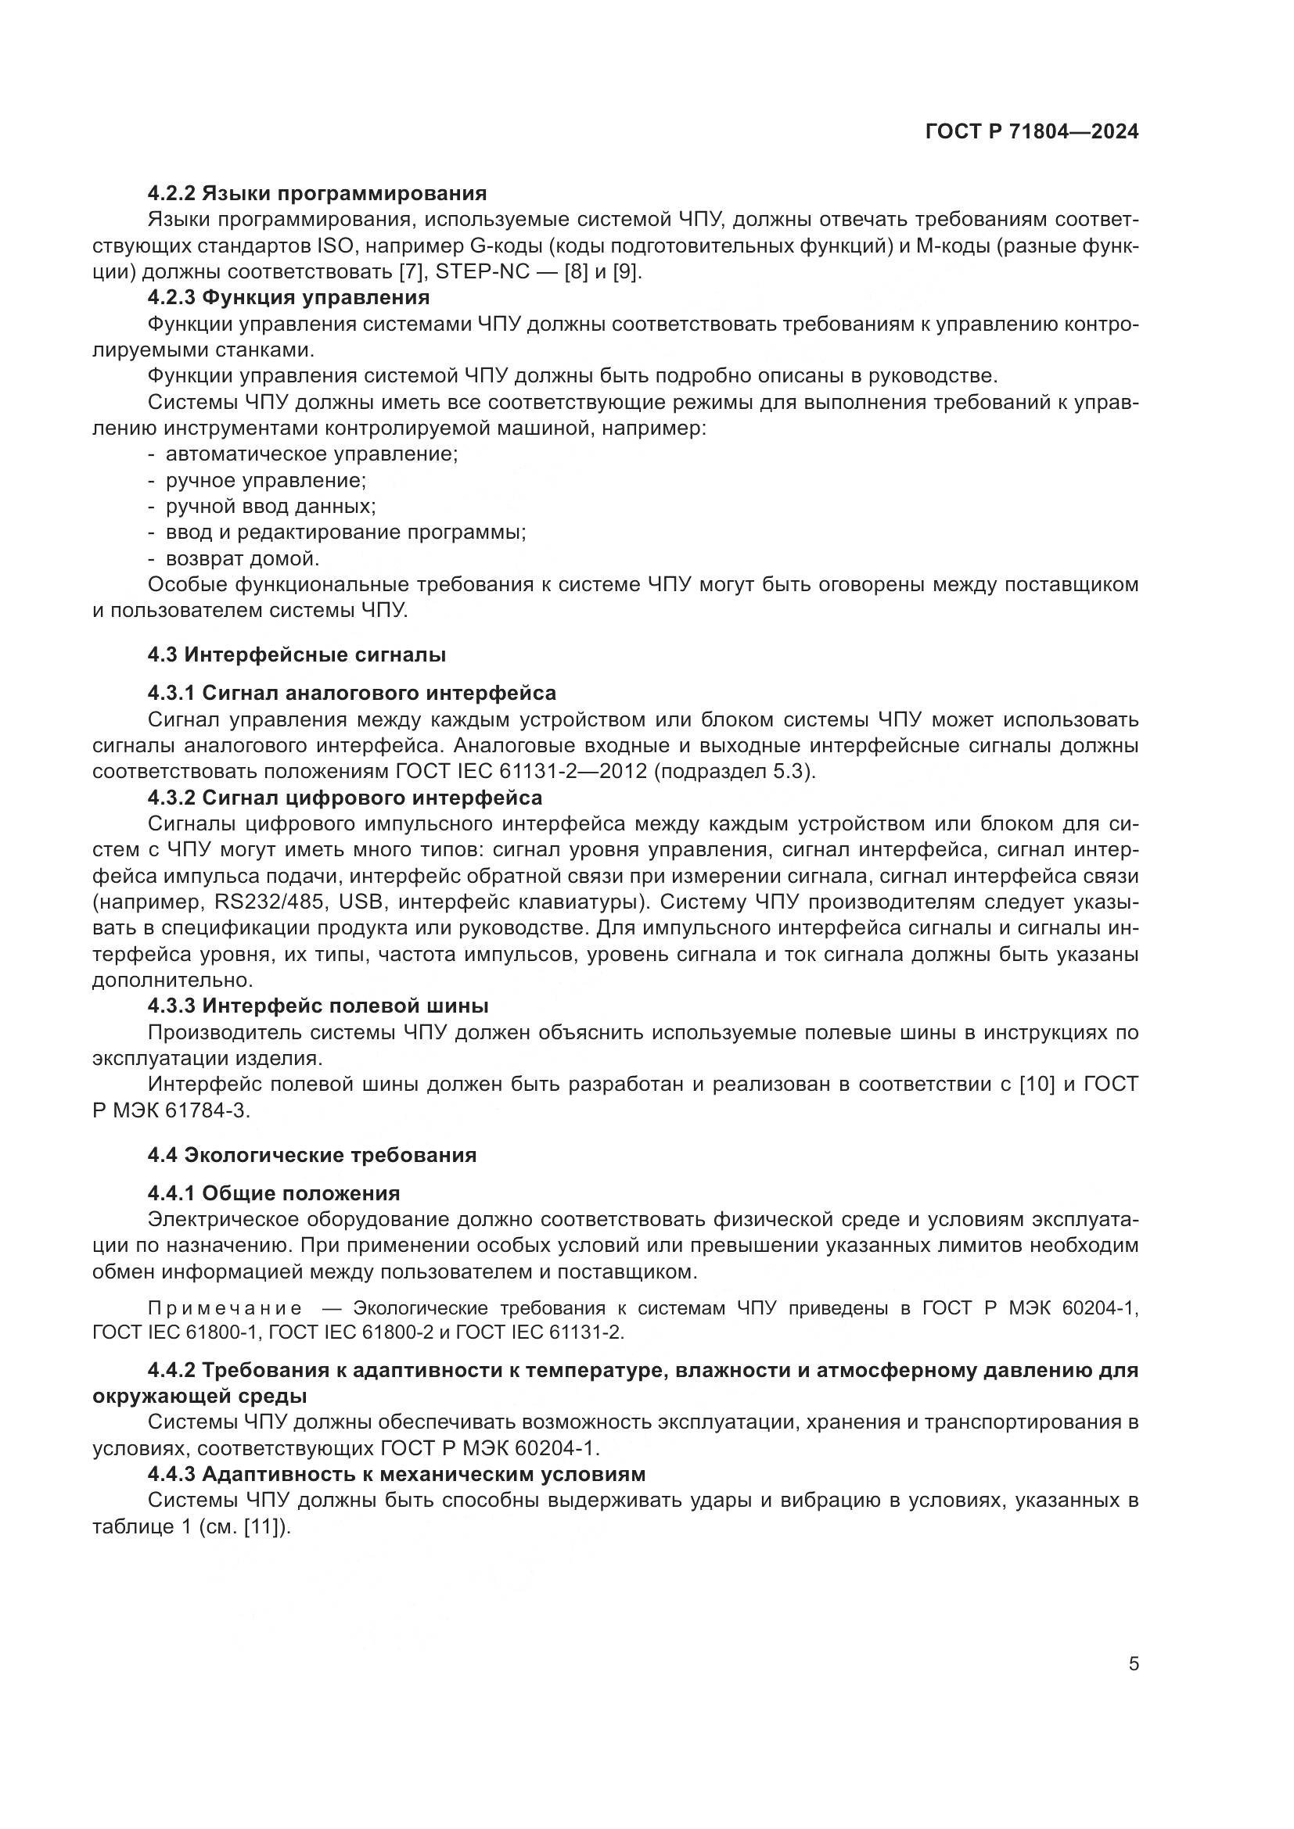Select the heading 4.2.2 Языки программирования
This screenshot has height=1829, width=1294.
pos(317,194)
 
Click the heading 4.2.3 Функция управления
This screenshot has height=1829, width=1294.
pos(289,298)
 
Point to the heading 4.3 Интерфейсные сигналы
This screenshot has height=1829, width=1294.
pos(297,654)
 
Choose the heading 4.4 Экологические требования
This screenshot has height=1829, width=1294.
pos(311,1155)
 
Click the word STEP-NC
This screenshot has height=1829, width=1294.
pos(483,271)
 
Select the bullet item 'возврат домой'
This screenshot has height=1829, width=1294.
pos(243,558)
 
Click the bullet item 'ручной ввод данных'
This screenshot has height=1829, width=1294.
pos(271,507)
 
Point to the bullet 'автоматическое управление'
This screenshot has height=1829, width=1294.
pos(311,454)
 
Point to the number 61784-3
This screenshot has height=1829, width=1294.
pos(207,1111)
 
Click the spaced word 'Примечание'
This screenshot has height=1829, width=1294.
pos(225,1308)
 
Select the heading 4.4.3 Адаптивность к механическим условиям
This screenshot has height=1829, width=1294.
pos(396,1475)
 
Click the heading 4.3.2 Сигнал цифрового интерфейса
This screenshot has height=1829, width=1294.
pos(345,798)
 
